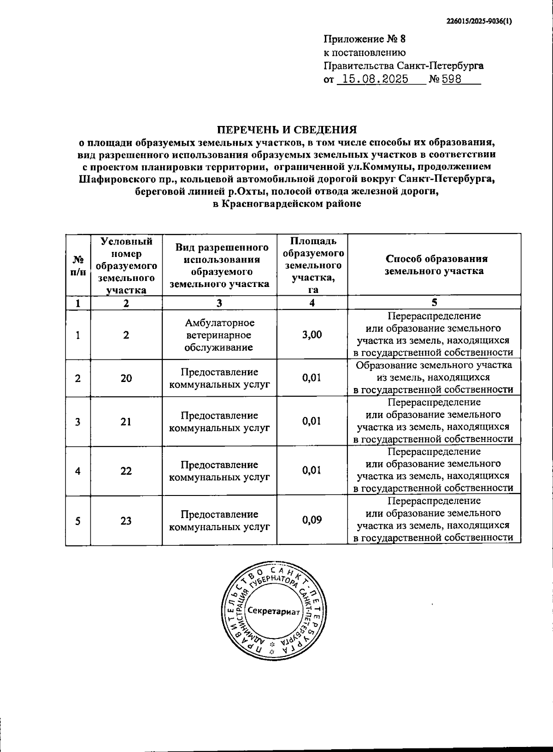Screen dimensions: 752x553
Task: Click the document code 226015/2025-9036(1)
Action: pyautogui.click(x=479, y=21)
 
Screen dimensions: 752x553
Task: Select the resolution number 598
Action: pyautogui.click(x=452, y=79)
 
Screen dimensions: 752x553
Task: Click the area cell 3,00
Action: pyautogui.click(x=312, y=334)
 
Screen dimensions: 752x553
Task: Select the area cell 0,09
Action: pyautogui.click(x=312, y=520)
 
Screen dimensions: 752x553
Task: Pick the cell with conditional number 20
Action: pyautogui.click(x=126, y=378)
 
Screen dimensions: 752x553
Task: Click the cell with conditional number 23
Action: pyautogui.click(x=126, y=520)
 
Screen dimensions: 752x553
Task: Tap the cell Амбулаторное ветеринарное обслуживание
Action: pyautogui.click(x=219, y=335)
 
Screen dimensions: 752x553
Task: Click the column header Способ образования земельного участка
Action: pyautogui.click(x=434, y=265)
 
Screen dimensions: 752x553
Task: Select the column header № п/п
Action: pyautogui.click(x=78, y=265)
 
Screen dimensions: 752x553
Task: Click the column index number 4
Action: pyautogui.click(x=312, y=303)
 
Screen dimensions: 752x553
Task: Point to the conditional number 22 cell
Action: pyautogui.click(x=126, y=471)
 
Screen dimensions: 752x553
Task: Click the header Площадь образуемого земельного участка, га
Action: pyautogui.click(x=312, y=265)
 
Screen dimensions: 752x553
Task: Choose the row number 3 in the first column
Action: pyautogui.click(x=78, y=422)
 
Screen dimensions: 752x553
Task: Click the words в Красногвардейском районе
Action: pyautogui.click(x=287, y=203)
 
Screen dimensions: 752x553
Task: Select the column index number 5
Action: pyautogui.click(x=434, y=303)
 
